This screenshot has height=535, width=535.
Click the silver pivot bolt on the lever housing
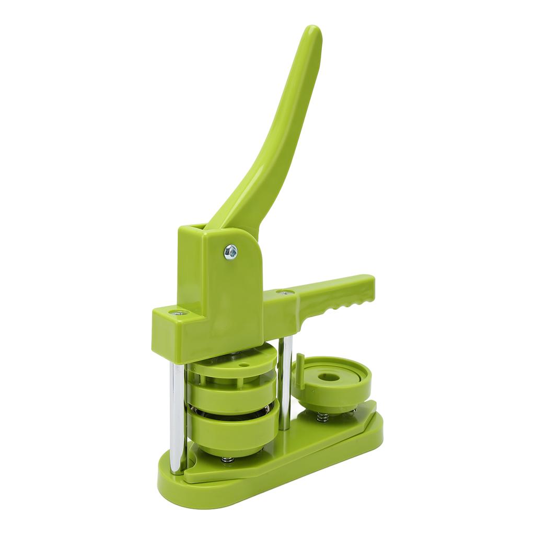[x=230, y=252]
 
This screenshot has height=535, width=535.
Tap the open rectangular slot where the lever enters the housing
[x=193, y=228]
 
